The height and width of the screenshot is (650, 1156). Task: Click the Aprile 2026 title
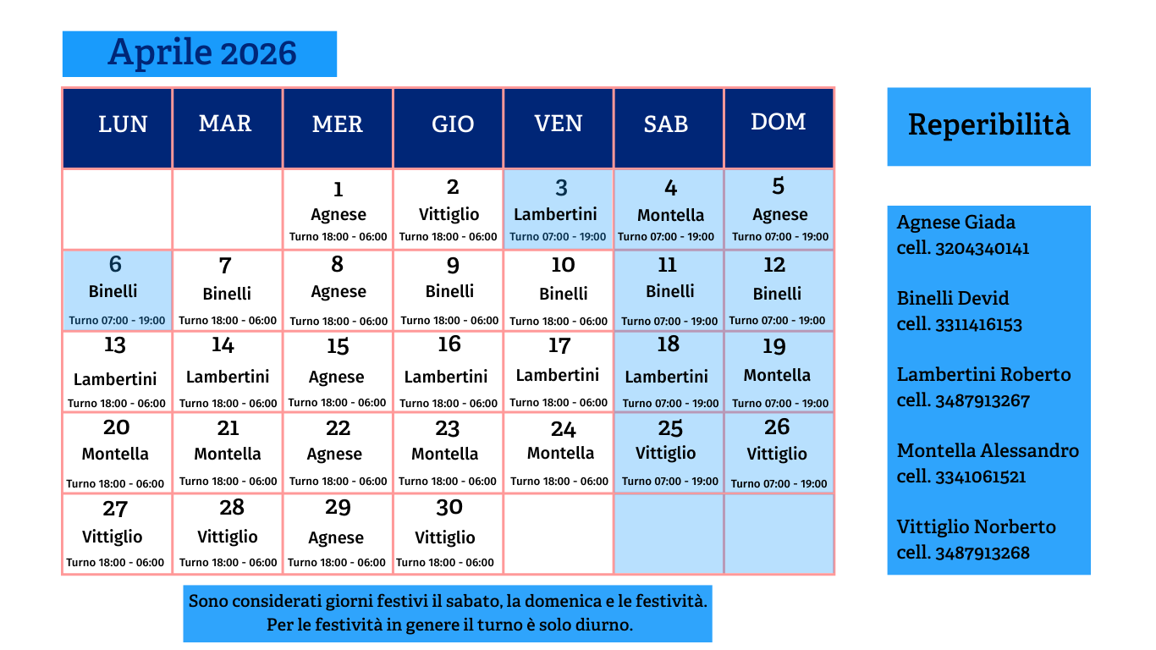pyautogui.click(x=202, y=52)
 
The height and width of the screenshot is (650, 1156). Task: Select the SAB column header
pyautogui.click(x=666, y=124)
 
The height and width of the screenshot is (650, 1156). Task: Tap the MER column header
pyautogui.click(x=337, y=124)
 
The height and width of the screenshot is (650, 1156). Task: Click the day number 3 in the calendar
pyautogui.click(x=561, y=188)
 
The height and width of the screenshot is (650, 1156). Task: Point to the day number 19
pyautogui.click(x=774, y=346)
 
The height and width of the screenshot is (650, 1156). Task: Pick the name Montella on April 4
pyautogui.click(x=670, y=215)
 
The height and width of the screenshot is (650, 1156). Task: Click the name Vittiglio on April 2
pyautogui.click(x=449, y=214)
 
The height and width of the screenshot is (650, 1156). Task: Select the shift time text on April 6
pyautogui.click(x=117, y=321)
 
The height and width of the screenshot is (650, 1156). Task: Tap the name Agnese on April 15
pyautogui.click(x=336, y=377)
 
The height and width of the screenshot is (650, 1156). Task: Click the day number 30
pyautogui.click(x=449, y=507)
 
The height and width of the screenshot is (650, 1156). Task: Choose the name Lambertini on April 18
pyautogui.click(x=666, y=377)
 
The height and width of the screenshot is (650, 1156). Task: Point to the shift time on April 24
pyautogui.click(x=559, y=481)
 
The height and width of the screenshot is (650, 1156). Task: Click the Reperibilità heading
pyautogui.click(x=988, y=125)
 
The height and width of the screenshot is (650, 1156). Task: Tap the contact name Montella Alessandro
pyautogui.click(x=988, y=450)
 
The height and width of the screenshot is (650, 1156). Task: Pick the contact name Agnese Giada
pyautogui.click(x=955, y=223)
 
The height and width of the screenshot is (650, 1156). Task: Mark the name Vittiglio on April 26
pyautogui.click(x=777, y=454)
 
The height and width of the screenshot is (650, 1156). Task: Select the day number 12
pyautogui.click(x=774, y=265)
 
